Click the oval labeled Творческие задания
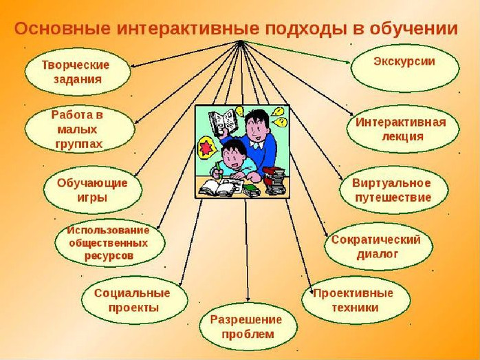click(78, 72)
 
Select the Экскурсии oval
click(405, 68)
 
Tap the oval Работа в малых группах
click(80, 129)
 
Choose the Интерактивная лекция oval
click(403, 129)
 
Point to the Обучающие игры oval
click(93, 190)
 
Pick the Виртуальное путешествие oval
click(394, 190)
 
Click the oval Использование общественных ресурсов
click(110, 243)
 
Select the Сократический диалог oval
click(378, 246)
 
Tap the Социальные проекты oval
click(135, 300)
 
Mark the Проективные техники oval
click(356, 300)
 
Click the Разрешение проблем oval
click(248, 327)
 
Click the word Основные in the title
click(62, 28)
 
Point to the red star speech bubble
click(206, 148)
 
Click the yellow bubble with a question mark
click(281, 123)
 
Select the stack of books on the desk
click(274, 181)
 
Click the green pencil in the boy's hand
click(218, 169)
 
